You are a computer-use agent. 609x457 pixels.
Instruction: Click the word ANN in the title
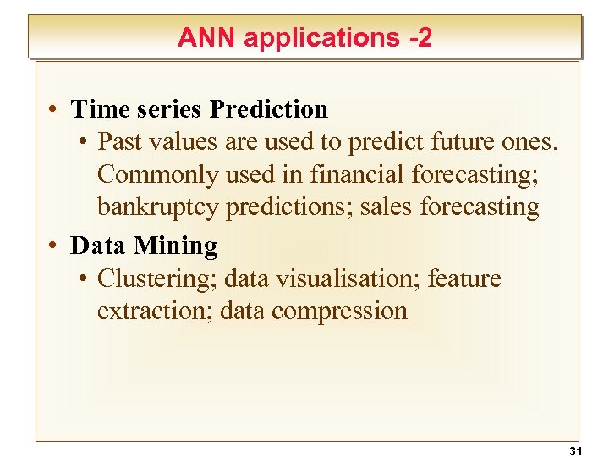tap(204, 37)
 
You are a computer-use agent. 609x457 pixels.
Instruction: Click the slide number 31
tap(576, 450)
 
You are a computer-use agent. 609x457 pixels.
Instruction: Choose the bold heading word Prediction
tap(269, 109)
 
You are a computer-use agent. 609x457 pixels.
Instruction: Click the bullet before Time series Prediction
tap(52, 109)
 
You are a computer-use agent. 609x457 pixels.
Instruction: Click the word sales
tap(387, 207)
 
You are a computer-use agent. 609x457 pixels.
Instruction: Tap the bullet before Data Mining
tap(52, 245)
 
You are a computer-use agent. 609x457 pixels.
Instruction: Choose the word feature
tap(464, 278)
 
